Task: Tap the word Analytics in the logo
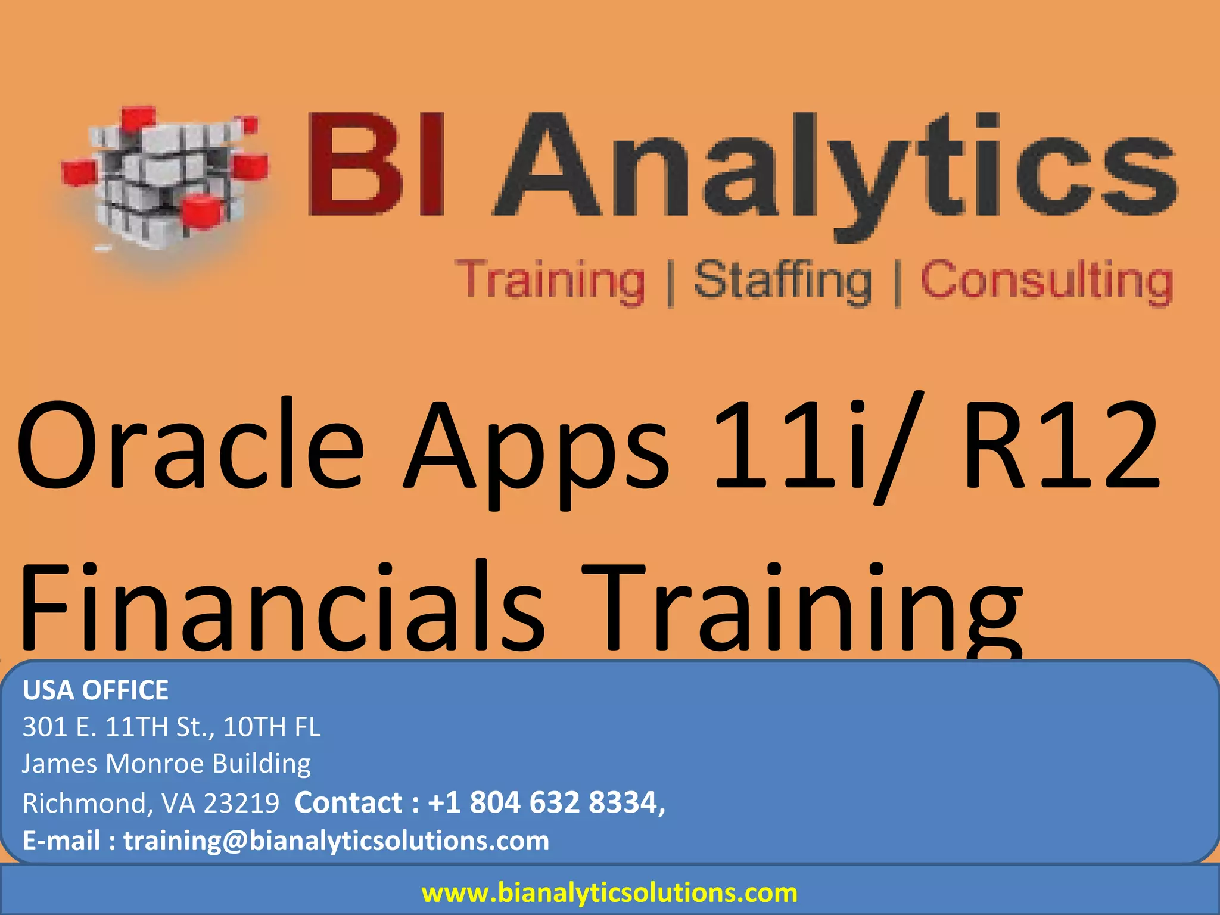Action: [x=834, y=170]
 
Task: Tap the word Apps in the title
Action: [x=536, y=453]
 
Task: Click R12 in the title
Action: [x=1060, y=447]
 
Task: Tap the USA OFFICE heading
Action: [x=95, y=690]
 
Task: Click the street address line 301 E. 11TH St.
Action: [x=171, y=727]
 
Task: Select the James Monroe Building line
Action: [x=166, y=764]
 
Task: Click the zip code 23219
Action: [x=241, y=803]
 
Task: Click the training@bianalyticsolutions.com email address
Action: [x=336, y=841]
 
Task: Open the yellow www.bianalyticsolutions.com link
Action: [x=609, y=892]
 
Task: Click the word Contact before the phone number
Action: [x=348, y=802]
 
